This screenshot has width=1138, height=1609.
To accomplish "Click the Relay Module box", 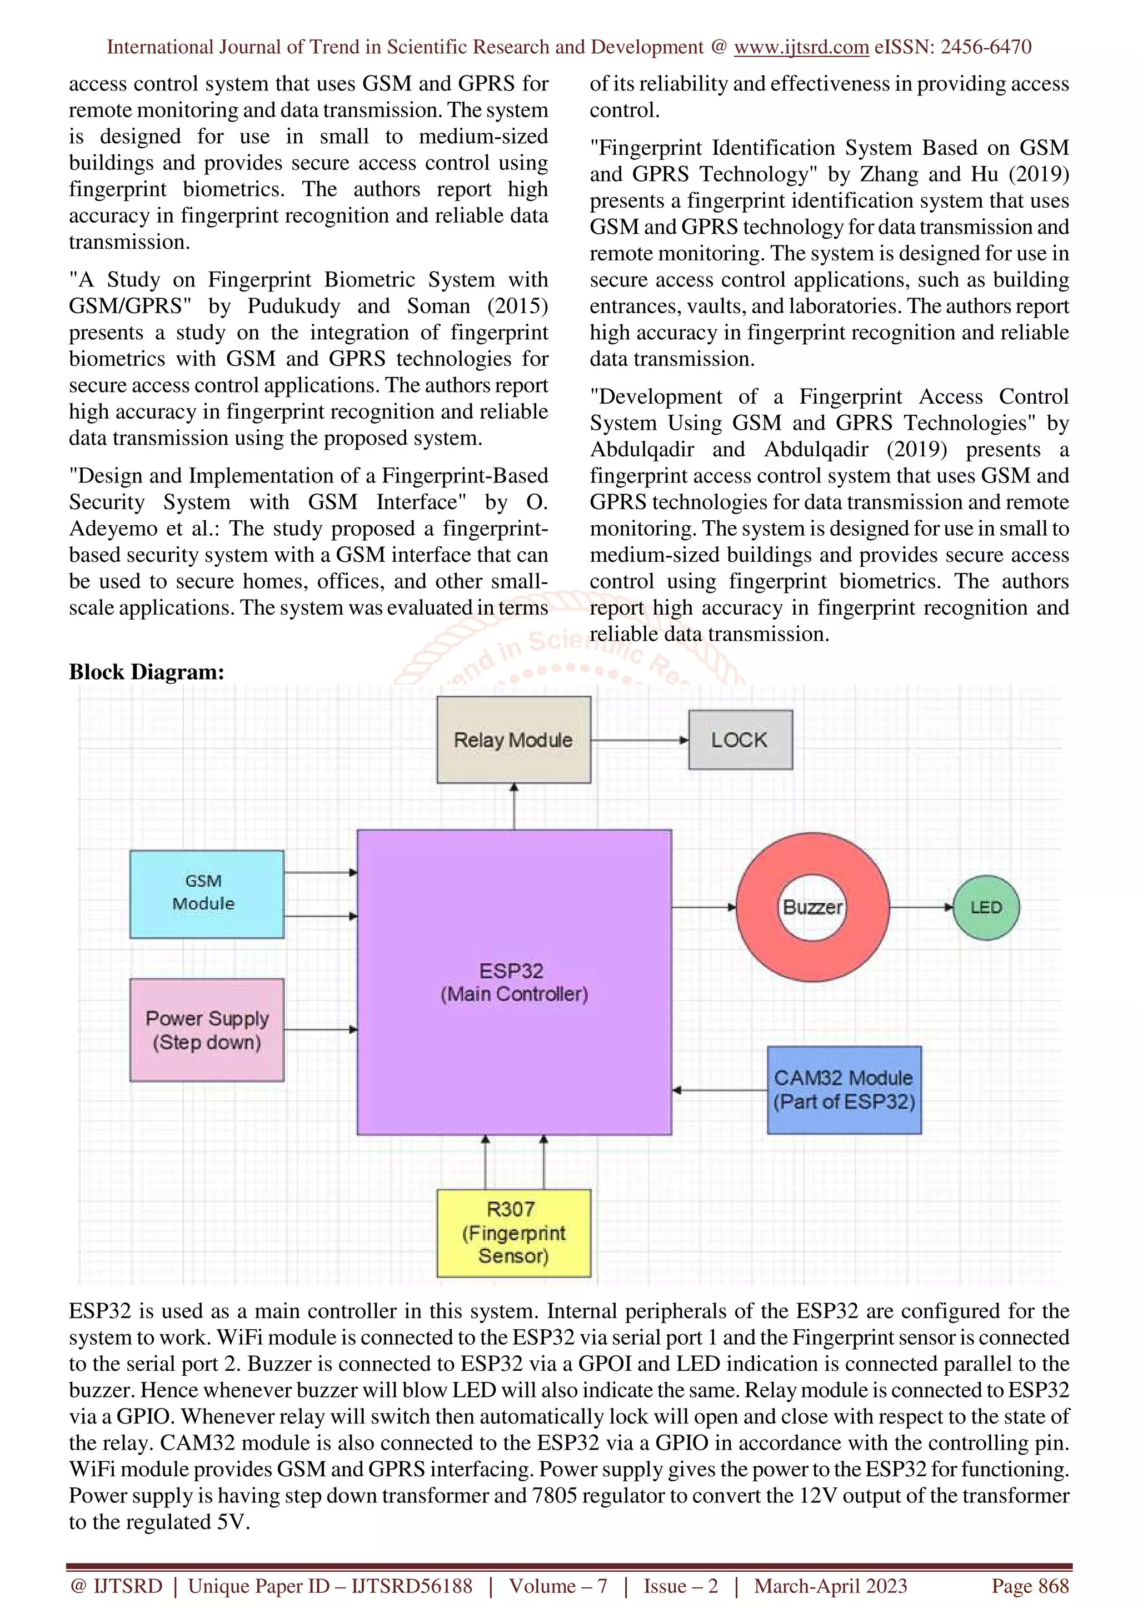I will point(513,740).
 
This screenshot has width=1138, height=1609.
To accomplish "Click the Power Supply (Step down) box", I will point(206,1029).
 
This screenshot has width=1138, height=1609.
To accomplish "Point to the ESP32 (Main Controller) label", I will point(513,982).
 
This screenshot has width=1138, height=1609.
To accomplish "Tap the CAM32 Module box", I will point(843,1090).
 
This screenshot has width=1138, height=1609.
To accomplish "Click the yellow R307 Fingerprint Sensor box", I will point(513,1233).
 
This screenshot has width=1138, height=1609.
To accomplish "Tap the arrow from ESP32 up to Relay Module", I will point(514,806).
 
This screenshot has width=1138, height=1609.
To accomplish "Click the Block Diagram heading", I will point(147,671).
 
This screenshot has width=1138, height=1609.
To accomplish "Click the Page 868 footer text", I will point(1029,1586).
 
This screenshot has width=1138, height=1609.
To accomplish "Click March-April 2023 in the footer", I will point(830,1586).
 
